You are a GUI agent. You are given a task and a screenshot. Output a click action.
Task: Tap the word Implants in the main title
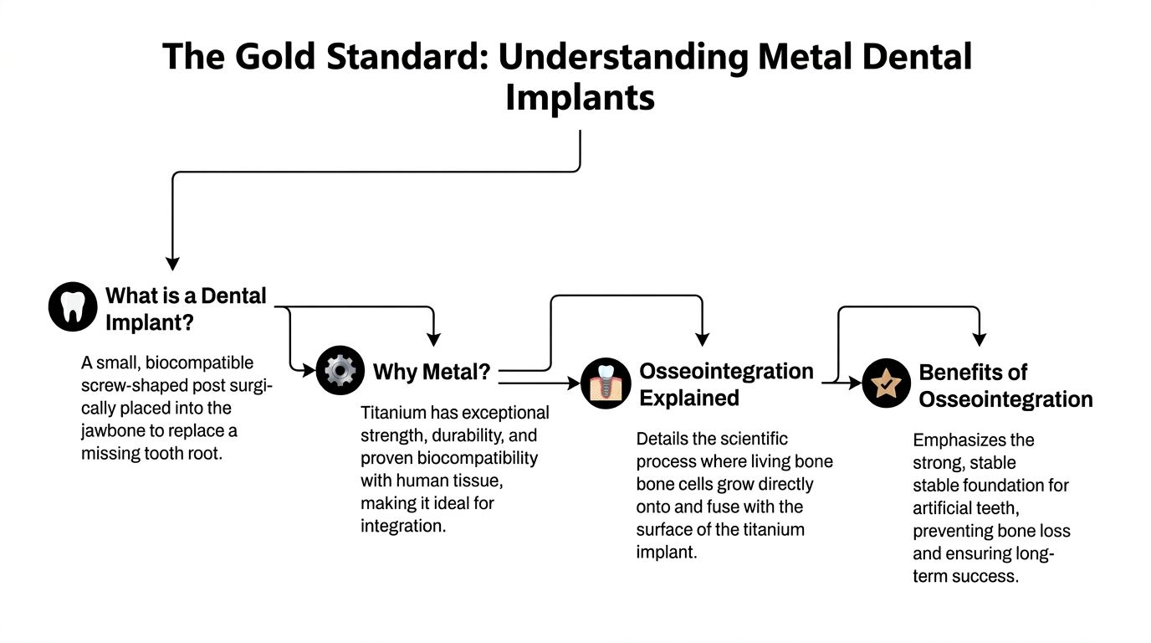pyautogui.click(x=580, y=98)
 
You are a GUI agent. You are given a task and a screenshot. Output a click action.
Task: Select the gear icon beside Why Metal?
pyautogui.click(x=340, y=370)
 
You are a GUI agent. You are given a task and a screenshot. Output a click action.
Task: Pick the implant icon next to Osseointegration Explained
pyautogui.click(x=605, y=383)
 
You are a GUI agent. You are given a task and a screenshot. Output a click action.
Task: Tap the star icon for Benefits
pyautogui.click(x=886, y=383)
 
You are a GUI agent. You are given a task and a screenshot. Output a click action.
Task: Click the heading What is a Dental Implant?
pyautogui.click(x=185, y=308)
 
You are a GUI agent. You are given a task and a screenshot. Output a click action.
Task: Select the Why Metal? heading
pyautogui.click(x=432, y=372)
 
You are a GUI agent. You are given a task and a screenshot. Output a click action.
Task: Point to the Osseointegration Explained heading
pyautogui.click(x=726, y=383)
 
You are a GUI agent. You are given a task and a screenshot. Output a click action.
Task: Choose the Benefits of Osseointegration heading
pyautogui.click(x=1005, y=385)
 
